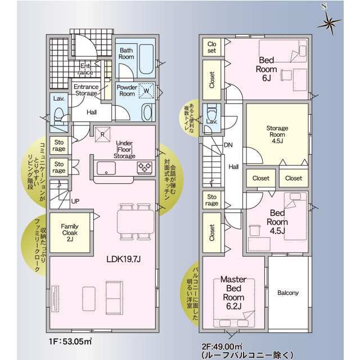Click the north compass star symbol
(329, 22)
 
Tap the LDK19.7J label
(124, 259)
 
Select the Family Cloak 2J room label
(70, 232)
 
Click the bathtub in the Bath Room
(146, 59)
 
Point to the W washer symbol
(146, 91)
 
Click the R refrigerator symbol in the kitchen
(102, 134)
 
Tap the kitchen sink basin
(106, 168)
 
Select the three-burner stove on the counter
(145, 167)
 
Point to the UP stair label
(75, 201)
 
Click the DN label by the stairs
(228, 145)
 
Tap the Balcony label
(288, 292)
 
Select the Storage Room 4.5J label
(277, 134)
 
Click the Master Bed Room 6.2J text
(233, 292)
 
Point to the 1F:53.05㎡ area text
(70, 341)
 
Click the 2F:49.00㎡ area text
(222, 346)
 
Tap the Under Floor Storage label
(124, 150)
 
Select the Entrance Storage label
(86, 90)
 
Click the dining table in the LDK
(136, 222)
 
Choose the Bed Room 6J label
(266, 69)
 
